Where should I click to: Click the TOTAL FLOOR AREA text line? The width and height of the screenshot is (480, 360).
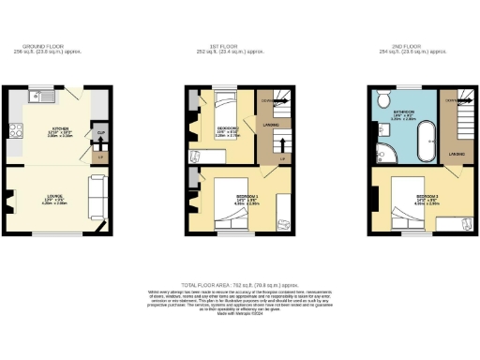coord(239,282)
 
